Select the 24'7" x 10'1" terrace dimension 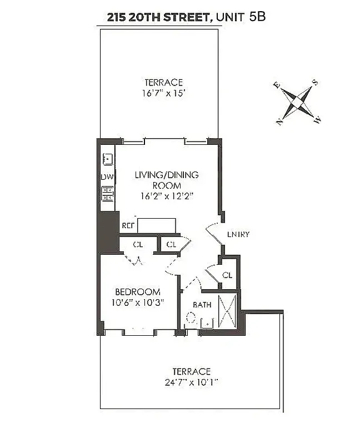(x=191, y=382)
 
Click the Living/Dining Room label (x=166, y=180)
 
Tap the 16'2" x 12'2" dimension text (x=167, y=196)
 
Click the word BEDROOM (x=137, y=292)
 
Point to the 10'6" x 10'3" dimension (x=137, y=302)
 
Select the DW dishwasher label (x=107, y=177)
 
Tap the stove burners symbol (x=107, y=193)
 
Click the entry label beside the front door (x=238, y=234)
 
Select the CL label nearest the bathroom (x=227, y=275)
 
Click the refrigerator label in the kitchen (x=128, y=226)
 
